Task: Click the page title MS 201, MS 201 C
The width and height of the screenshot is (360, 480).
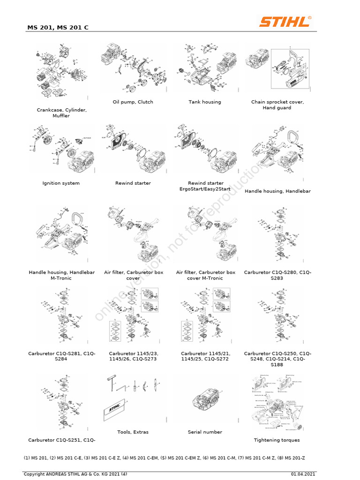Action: coord(58,28)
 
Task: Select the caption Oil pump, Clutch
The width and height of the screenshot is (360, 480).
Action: coord(133,102)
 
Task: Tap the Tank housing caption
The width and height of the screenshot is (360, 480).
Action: coord(205,102)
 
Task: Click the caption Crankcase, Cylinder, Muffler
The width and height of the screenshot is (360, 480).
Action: coord(61,112)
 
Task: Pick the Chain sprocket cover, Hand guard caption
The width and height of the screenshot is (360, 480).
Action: coord(277,105)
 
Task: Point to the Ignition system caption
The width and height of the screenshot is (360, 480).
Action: coord(61,183)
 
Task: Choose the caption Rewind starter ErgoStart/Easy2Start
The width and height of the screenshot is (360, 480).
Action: coord(205,186)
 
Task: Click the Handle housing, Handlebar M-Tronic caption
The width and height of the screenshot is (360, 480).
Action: coord(61,275)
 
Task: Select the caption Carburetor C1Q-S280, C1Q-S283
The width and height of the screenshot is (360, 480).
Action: coord(277,275)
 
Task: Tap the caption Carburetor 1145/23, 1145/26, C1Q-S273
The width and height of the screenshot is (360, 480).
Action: coord(133,356)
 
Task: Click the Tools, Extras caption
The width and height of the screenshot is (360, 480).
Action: coord(133,432)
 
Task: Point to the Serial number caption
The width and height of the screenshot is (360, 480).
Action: coord(205,432)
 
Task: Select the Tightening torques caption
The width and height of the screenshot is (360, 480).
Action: coord(277,440)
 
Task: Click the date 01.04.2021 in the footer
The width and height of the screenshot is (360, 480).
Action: coord(304,474)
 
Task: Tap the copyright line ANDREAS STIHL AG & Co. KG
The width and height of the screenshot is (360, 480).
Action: coord(75,474)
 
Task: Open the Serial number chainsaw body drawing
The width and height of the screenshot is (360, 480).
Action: coord(205,403)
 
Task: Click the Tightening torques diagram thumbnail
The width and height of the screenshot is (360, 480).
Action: coord(277,403)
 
